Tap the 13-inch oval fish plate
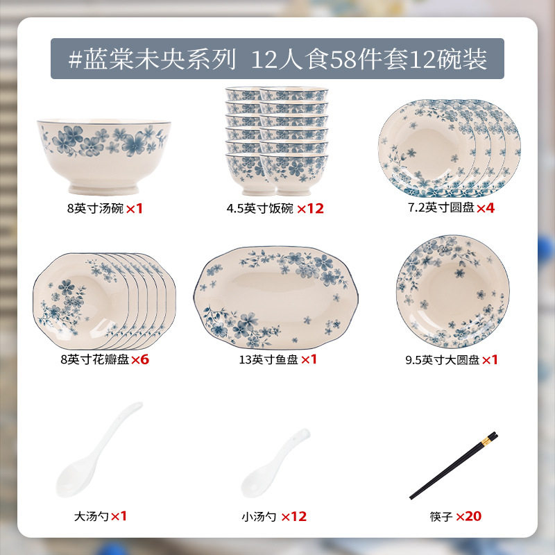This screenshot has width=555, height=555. point(276,298)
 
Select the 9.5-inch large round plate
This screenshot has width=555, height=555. point(453,291)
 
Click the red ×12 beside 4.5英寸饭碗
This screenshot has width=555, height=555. point(310,209)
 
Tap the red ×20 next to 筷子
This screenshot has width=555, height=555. point(469,516)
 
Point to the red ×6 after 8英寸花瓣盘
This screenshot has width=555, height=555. point(140,359)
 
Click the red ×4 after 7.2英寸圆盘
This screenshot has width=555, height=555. point(486,207)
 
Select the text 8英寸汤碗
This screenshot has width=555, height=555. point(95,209)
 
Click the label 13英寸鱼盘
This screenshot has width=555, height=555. point(268,359)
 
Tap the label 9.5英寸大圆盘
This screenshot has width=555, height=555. point(443,360)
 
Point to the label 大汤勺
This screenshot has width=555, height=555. point(91,516)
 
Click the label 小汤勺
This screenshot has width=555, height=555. point(259,517)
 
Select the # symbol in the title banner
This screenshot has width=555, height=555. point(76,59)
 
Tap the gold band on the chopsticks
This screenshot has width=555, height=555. point(486,441)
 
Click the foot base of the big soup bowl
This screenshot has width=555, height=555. point(103,189)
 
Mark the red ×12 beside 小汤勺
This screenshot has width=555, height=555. point(293,517)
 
